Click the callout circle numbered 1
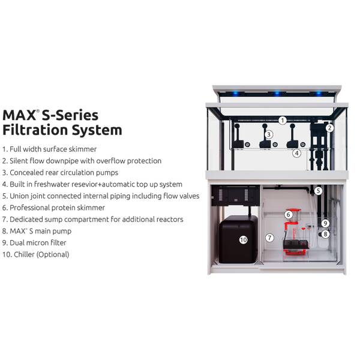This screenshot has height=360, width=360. [283, 121]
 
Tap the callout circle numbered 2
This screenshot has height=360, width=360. [329, 128]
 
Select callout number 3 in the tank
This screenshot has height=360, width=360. [269, 134]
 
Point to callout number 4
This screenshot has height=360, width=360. [296, 153]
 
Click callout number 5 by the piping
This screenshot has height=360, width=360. [318, 191]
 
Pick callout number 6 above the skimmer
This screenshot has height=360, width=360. [289, 215]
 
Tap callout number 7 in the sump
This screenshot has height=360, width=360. [269, 238]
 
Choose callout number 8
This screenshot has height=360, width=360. [325, 234]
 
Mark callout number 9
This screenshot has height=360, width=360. [325, 223]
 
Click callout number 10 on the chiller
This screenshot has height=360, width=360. [243, 240]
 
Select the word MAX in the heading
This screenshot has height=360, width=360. [19, 115]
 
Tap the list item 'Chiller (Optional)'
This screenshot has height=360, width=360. [35, 254]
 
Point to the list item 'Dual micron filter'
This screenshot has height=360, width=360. [34, 242]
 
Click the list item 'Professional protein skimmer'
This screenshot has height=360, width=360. [53, 208]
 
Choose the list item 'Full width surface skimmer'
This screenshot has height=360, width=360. [49, 149]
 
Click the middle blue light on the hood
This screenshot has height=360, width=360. [277, 93]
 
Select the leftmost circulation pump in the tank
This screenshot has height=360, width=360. [238, 136]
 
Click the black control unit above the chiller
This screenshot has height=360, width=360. [235, 196]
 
